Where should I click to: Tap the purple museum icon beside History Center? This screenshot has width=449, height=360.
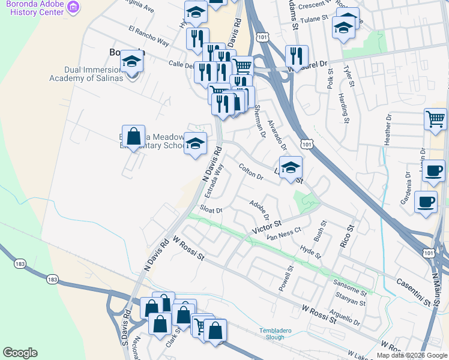click(73, 7)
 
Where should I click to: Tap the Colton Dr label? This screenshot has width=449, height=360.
click(251, 172)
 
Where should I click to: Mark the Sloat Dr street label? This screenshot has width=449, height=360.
click(211, 210)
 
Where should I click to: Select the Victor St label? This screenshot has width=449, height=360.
click(267, 228)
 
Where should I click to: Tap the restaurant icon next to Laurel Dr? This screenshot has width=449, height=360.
click(296, 57)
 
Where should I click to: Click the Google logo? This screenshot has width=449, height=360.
click(20, 353)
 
